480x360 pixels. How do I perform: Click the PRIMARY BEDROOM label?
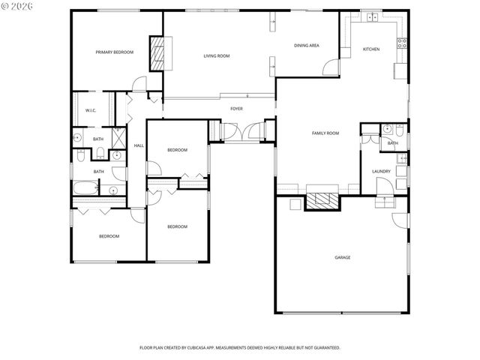114,52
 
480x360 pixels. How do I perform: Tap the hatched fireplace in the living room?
157,53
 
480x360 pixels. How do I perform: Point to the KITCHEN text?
371,49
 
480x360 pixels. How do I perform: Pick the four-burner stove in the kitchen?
402,42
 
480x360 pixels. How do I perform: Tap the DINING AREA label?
307,46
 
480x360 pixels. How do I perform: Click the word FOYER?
236,109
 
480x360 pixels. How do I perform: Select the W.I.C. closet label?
90,110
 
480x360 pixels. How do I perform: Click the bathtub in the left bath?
85,189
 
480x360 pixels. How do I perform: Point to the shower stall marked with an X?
118,139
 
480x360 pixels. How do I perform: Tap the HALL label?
138,145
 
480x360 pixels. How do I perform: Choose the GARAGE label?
342,257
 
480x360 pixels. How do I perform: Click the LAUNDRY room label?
381,172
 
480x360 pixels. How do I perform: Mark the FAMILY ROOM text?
325,133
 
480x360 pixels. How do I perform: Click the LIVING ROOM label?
217,56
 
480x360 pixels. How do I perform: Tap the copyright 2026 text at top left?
19,7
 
